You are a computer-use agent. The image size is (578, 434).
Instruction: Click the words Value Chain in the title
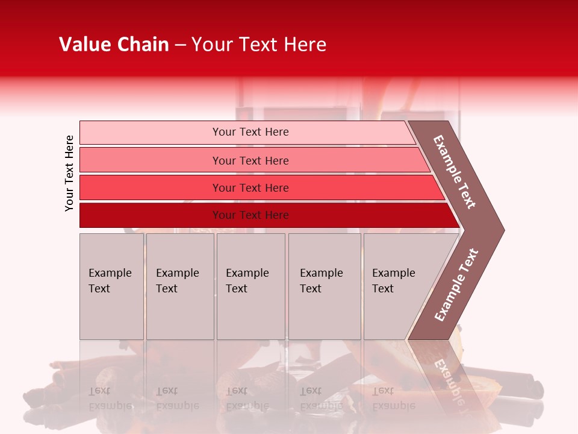pyautogui.click(x=114, y=45)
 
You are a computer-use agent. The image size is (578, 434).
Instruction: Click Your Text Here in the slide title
pyautogui.click(x=259, y=45)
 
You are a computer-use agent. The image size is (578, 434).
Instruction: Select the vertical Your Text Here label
pyautogui.click(x=69, y=173)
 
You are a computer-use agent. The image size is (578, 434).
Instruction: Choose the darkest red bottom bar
pyautogui.click(x=151, y=215)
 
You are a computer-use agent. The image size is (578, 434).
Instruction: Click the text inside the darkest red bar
pyautogui.click(x=250, y=215)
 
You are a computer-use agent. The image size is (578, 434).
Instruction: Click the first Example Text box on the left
pyautogui.click(x=111, y=286)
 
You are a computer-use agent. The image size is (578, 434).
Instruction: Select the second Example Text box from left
pyautogui.click(x=179, y=286)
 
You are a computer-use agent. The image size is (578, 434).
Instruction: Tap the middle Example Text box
pyautogui.click(x=250, y=286)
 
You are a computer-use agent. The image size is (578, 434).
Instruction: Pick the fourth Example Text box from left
pyautogui.click(x=325, y=286)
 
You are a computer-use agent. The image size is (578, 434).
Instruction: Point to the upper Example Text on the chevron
pyautogui.click(x=455, y=172)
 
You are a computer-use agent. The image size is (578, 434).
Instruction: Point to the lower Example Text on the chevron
pyautogui.click(x=456, y=285)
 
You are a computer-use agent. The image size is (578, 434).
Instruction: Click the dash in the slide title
pyautogui.click(x=180, y=45)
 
